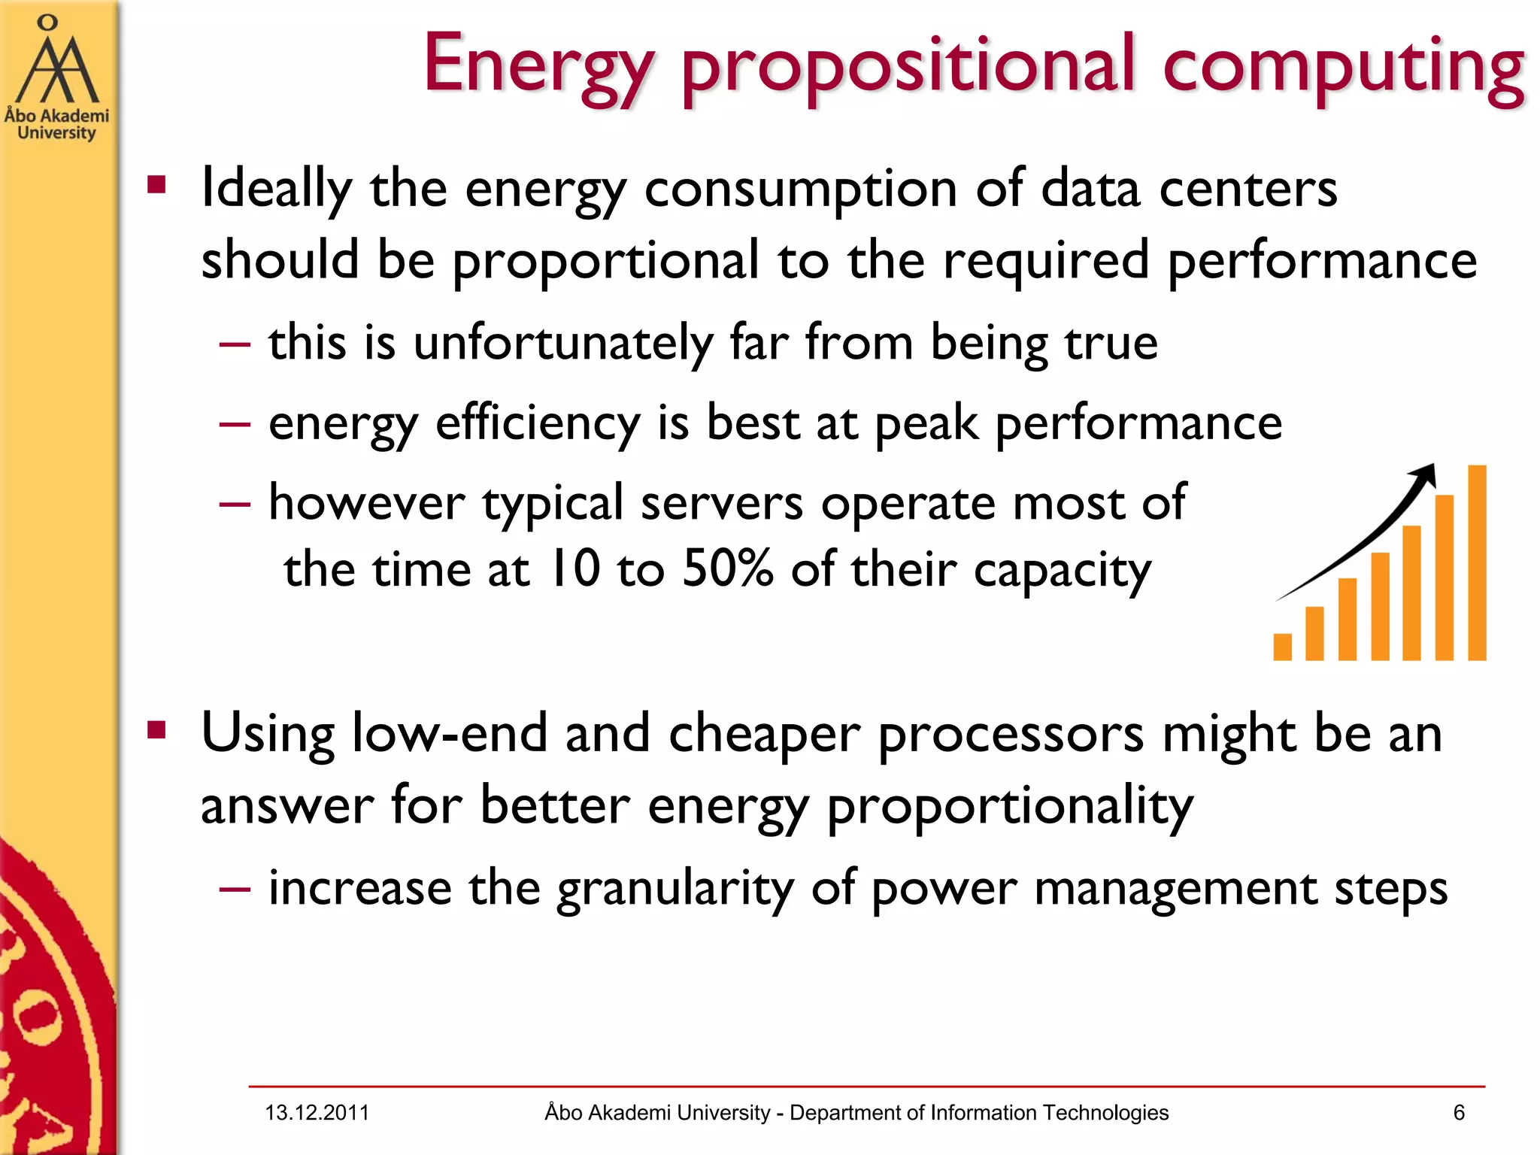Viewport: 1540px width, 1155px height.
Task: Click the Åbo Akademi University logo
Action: pyautogui.click(x=56, y=79)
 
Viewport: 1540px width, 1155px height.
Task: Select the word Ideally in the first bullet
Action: pyautogui.click(x=276, y=188)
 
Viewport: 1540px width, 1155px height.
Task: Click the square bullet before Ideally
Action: pyautogui.click(x=156, y=185)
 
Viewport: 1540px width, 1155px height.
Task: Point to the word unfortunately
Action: pyautogui.click(x=562, y=343)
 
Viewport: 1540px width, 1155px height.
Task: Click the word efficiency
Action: pyautogui.click(x=537, y=423)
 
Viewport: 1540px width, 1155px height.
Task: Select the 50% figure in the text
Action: pyautogui.click(x=727, y=568)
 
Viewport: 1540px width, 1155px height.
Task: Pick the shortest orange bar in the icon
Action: pyautogui.click(x=1282, y=647)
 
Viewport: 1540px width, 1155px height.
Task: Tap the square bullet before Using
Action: pyautogui.click(x=156, y=730)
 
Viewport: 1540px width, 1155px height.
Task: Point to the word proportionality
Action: pyautogui.click(x=1010, y=806)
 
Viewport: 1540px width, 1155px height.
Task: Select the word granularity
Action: pyautogui.click(x=675, y=889)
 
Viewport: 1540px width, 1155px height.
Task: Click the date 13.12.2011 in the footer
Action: pyautogui.click(x=317, y=1113)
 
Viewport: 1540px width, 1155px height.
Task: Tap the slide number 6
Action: pyautogui.click(x=1459, y=1113)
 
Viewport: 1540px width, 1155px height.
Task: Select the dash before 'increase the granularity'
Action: pyautogui.click(x=235, y=889)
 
